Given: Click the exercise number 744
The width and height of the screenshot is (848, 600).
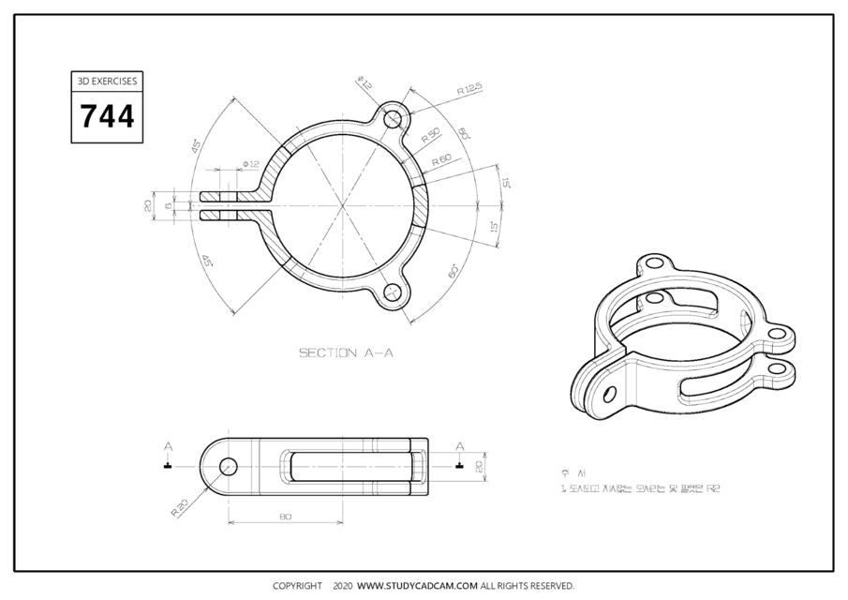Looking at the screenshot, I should point(107,116).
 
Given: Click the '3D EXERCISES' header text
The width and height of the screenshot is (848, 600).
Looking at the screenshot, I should point(107,82).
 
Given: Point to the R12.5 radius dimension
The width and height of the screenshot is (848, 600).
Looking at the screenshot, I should point(469,90).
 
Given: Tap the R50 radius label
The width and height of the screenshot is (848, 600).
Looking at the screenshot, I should point(431,134).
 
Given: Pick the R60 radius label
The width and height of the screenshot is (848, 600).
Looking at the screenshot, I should point(441,160).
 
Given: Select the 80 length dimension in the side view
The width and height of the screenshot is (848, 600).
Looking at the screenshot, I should point(285,517).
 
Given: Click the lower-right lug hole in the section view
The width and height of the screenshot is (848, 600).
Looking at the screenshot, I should point(394,292).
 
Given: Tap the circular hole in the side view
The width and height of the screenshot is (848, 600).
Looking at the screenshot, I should point(228,466).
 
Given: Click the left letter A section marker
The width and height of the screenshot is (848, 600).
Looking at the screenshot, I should point(168,446).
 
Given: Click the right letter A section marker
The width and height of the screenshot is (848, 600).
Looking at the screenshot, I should point(459,446).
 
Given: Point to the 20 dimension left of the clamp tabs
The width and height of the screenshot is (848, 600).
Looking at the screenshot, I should point(148,205).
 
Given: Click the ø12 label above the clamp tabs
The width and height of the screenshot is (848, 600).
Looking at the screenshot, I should point(251,164).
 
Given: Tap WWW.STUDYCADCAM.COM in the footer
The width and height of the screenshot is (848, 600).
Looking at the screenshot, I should point(418,586).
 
